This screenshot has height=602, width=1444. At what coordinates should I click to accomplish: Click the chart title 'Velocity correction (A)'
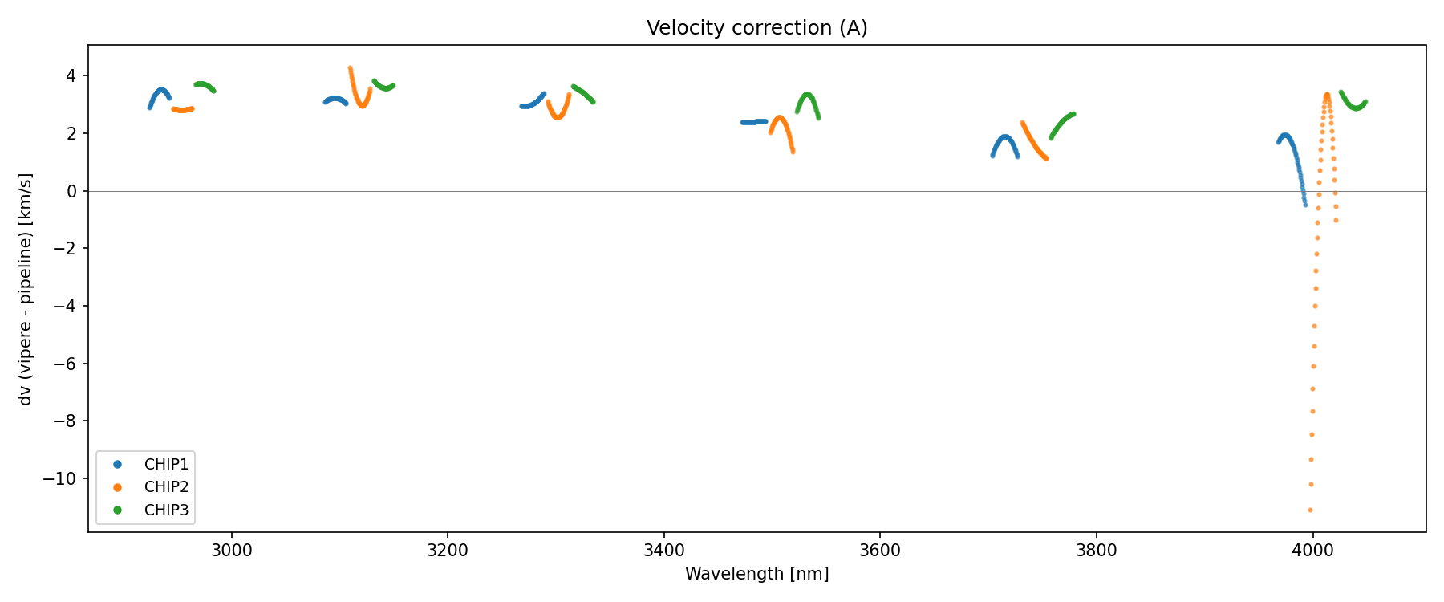click(x=756, y=28)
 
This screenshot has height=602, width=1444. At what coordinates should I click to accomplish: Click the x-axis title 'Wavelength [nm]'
click(x=756, y=574)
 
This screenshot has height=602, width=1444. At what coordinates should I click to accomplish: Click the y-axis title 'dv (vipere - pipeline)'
click(x=26, y=289)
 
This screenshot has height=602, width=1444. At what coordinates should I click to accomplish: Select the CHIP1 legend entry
click(x=165, y=465)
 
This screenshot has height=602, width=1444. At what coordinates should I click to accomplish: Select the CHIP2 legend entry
click(x=165, y=487)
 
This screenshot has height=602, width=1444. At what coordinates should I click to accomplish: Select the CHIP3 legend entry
click(x=165, y=510)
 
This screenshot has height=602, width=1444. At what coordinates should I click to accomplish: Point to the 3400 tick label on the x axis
click(x=664, y=551)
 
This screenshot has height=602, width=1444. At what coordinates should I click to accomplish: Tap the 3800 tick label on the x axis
click(x=1096, y=551)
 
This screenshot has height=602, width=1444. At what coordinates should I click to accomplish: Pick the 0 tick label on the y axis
click(x=72, y=191)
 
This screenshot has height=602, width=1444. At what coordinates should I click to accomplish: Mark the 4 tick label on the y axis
click(x=72, y=75)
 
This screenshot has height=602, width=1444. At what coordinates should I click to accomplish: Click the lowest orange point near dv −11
click(x=1310, y=510)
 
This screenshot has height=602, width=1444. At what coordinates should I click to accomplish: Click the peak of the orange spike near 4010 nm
click(x=1327, y=95)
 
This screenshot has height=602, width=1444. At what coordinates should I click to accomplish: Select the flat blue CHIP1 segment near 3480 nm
click(x=753, y=122)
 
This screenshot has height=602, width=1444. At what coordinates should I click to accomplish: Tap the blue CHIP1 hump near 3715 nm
click(x=1005, y=137)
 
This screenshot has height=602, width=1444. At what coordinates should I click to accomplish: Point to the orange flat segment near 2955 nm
click(x=183, y=110)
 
